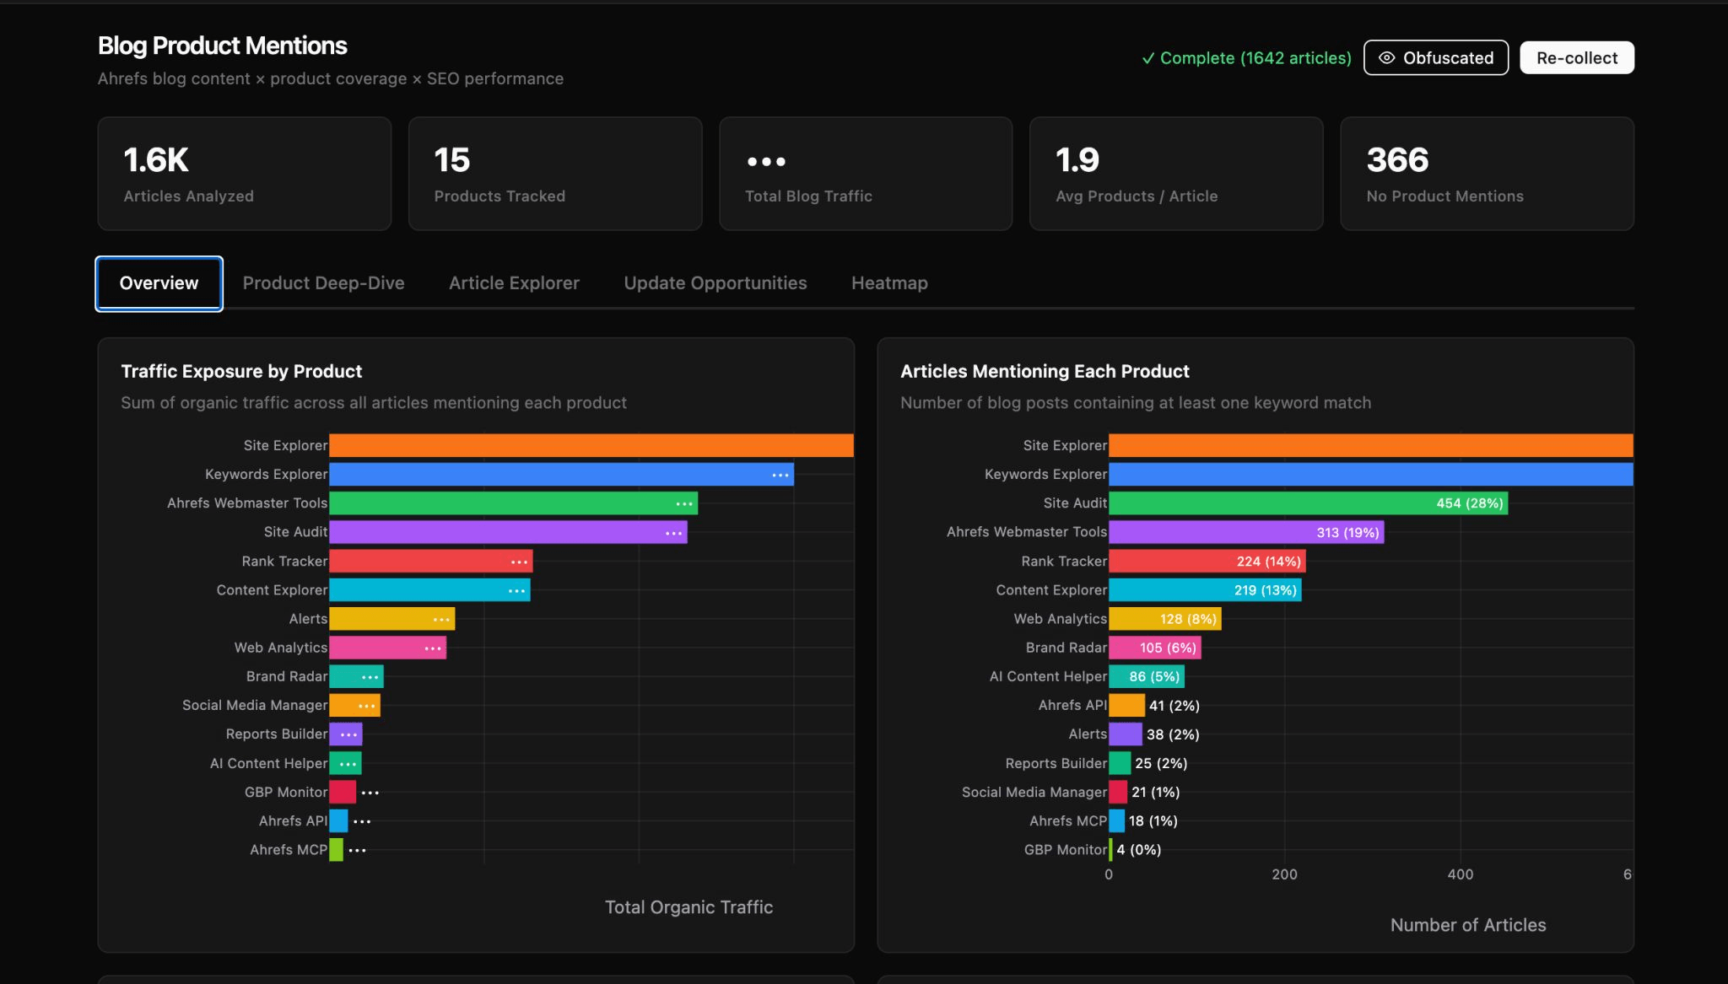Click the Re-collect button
click(1576, 58)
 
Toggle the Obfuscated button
click(1435, 58)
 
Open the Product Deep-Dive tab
click(323, 283)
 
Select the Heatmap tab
click(889, 283)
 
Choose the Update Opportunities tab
click(715, 283)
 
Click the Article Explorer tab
click(514, 283)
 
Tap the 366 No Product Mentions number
click(1397, 160)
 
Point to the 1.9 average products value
click(1077, 160)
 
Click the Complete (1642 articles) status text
click(1246, 58)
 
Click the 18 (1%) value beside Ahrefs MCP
click(1153, 821)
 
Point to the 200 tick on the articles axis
click(1284, 874)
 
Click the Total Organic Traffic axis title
click(688, 907)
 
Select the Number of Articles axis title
click(1467, 925)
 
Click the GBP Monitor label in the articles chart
click(1065, 850)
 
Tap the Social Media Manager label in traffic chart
click(254, 706)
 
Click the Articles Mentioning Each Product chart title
click(1045, 372)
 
